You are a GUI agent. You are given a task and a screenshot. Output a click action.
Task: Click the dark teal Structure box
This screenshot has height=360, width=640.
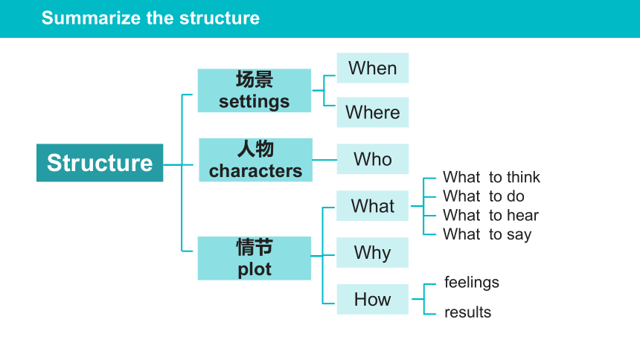100,163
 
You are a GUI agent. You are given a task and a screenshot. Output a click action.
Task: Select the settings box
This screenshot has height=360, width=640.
255,91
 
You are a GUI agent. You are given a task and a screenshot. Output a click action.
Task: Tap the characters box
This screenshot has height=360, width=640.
255,160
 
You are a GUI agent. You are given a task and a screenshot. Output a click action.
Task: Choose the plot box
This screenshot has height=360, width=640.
255,258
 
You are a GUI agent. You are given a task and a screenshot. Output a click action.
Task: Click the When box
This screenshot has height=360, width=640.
373,68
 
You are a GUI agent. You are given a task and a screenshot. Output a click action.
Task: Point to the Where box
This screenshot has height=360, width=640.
373,112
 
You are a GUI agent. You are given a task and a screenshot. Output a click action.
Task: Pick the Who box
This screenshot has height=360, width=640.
373,159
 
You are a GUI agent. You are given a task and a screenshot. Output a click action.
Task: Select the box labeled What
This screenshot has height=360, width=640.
372,206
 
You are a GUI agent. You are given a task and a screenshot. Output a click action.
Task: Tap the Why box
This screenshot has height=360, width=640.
372,253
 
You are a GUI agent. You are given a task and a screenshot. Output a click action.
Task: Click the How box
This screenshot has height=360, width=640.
373,299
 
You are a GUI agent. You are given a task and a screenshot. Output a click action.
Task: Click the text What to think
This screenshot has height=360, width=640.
491,177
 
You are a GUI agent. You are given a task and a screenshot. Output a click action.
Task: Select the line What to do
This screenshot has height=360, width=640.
484,196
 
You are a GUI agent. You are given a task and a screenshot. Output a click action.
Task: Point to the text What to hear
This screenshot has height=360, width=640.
491,215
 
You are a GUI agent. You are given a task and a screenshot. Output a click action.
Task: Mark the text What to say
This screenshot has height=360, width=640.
487,235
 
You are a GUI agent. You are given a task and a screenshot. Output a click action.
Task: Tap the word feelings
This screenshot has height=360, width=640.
471,283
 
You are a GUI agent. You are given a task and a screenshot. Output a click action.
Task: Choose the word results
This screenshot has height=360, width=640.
468,312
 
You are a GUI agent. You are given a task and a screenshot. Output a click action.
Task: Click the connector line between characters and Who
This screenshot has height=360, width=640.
324,160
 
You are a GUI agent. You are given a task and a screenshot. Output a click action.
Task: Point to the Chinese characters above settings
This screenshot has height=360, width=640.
255,79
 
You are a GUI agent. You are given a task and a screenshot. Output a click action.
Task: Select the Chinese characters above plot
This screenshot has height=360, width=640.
255,247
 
